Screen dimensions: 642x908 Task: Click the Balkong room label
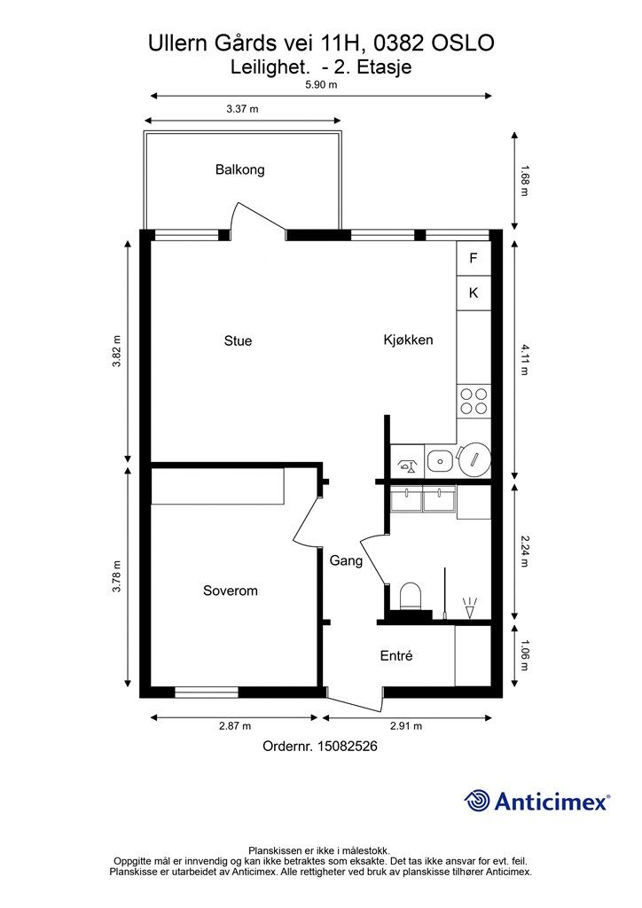239,169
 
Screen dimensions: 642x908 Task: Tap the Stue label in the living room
238,340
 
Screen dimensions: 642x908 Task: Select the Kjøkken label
408,340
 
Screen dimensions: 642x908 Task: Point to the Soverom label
231,591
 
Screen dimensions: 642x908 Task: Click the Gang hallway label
346,560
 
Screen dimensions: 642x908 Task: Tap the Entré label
396,655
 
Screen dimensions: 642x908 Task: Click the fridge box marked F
474,258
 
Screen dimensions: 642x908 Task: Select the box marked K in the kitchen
474,293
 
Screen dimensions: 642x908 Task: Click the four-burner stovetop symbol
474,402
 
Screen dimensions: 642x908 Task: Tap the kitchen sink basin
441,461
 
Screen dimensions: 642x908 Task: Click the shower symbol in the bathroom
470,607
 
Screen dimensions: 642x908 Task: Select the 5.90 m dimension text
321,84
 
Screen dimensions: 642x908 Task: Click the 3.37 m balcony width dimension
242,108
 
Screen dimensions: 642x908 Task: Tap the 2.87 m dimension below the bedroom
235,725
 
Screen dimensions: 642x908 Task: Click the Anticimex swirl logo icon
477,801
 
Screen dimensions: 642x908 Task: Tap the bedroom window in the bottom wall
207,692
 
